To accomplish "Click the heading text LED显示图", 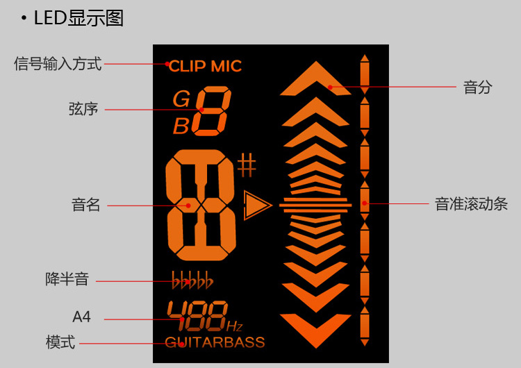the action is pos(78,18).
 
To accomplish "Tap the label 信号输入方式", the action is pos(58,65).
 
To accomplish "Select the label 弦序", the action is pos(83,109).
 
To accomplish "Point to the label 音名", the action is pos(85,205).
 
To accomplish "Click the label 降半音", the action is pos(67,280).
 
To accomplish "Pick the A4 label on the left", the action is pos(81,317).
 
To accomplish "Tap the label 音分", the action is pos(477,87).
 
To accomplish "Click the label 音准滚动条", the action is pos(471,204).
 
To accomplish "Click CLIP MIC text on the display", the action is pos(205,67).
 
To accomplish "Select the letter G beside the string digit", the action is pos(181,99).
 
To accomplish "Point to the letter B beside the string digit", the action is pos(181,126).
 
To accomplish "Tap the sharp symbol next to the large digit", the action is pos(247,165).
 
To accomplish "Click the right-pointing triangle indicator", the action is pos(257,204).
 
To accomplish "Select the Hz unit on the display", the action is pos(234,326).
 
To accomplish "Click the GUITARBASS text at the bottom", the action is pos(215,342).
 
